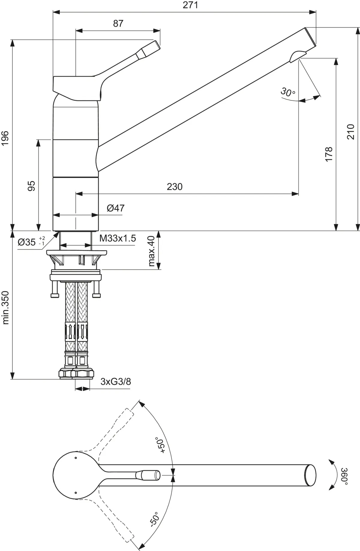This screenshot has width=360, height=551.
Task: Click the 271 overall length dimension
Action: point(191,5)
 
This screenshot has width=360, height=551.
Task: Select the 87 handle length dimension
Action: point(118,23)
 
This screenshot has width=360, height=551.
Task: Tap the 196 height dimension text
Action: point(6,138)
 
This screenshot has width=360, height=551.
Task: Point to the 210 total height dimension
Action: point(351,131)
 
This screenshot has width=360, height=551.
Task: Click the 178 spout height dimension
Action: point(329,154)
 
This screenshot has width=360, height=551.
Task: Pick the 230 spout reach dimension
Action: point(174,187)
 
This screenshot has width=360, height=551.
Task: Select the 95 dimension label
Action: point(31,186)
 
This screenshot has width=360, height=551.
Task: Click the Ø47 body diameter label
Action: point(115,208)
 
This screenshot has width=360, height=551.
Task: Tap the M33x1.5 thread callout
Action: point(118,238)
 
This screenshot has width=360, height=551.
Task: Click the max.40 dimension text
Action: point(151,251)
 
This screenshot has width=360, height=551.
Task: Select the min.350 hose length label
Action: point(6,307)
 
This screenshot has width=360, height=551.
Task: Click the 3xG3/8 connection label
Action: point(115,382)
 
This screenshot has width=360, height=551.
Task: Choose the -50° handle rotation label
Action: point(154,521)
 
